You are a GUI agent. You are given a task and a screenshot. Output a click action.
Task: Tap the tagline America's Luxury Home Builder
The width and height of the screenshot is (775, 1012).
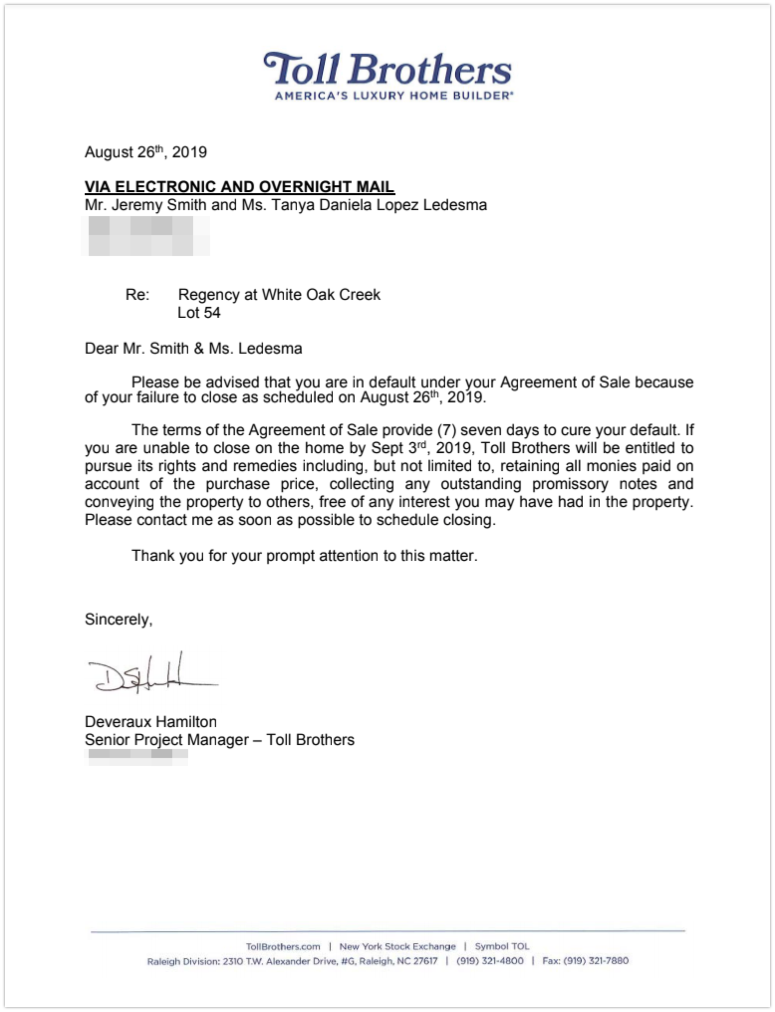click(x=393, y=95)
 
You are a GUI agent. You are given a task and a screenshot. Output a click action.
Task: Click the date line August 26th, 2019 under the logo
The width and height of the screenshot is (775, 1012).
click(x=145, y=152)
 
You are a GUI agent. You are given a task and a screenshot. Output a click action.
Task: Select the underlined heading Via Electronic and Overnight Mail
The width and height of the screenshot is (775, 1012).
click(x=240, y=187)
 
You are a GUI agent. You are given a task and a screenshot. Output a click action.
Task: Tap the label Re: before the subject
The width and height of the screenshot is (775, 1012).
click(x=137, y=294)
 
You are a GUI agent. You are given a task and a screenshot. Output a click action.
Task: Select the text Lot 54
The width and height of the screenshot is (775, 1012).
click(x=199, y=312)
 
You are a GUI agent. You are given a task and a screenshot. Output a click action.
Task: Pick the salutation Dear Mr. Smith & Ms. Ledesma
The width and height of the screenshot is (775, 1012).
click(x=193, y=348)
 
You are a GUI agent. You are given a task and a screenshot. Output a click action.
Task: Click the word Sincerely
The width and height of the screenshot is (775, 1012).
click(x=119, y=619)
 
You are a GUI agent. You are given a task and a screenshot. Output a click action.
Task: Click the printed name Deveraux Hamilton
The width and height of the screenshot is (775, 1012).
click(x=150, y=722)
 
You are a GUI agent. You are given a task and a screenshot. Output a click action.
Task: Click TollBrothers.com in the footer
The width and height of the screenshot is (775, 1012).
click(x=283, y=946)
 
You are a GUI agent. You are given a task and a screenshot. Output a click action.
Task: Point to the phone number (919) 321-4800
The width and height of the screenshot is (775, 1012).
click(x=490, y=961)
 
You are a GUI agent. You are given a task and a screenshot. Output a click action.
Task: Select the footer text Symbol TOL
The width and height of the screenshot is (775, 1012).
click(x=502, y=946)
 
